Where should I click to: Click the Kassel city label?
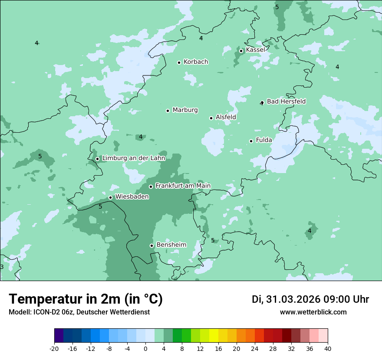coord(255,50)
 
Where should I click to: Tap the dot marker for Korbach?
coord(179,62)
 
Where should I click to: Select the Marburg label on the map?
coord(185,110)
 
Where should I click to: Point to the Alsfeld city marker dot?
coord(211,118)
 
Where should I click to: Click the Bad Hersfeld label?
coord(286,101)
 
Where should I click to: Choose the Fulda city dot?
coord(251,141)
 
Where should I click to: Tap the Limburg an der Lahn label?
coord(133,158)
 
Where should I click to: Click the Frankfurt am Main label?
coord(183,186)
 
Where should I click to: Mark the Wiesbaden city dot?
coord(110,198)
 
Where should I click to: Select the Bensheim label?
coord(171,245)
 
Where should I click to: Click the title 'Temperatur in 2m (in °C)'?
coord(86,299)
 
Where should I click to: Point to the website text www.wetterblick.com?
coord(313,312)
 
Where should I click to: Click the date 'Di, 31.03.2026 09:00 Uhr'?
coord(310,299)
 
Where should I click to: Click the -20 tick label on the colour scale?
coord(54,349)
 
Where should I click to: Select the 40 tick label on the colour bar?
coord(327,349)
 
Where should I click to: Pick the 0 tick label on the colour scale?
coord(145,349)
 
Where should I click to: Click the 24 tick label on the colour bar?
coord(255,349)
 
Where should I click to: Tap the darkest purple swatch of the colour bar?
coord(59,336)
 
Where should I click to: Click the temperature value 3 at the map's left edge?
coord(2,267)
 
